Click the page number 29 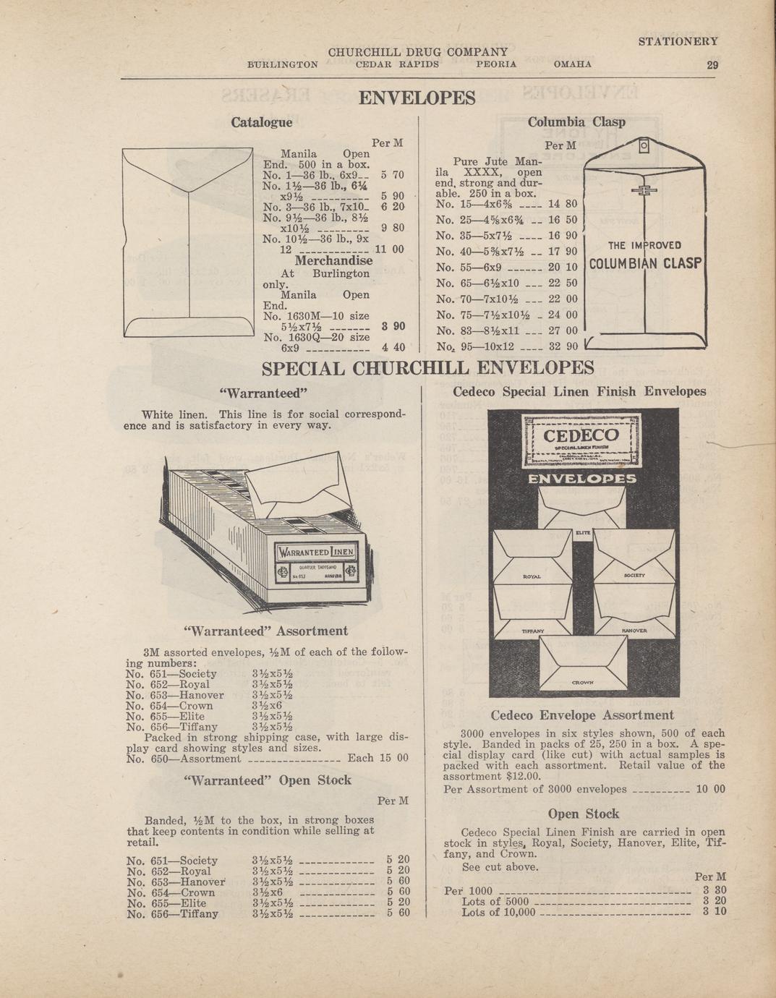tap(712, 65)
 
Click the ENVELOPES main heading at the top tap(417, 98)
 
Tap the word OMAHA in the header tap(572, 64)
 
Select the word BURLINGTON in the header tap(282, 64)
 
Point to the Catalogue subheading tap(261, 122)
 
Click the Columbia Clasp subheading tap(576, 122)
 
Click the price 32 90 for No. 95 tap(563, 346)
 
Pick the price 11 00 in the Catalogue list tap(388, 249)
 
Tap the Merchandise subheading tap(333, 260)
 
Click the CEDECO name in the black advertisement tap(581, 435)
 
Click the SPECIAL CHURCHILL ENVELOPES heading tap(427, 368)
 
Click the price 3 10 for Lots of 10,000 tap(714, 912)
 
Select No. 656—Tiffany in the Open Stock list tap(172, 913)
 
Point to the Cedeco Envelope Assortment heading tap(582, 715)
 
